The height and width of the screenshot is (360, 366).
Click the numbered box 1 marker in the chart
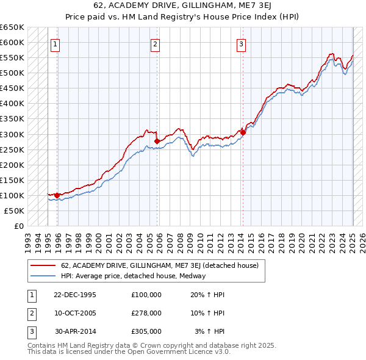[x=56, y=44]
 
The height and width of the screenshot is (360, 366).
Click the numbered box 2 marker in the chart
[x=156, y=44]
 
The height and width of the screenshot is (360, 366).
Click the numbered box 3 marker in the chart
[x=242, y=44]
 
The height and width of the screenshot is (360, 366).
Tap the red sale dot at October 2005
[x=157, y=141]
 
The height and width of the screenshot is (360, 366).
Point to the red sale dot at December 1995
[x=57, y=195]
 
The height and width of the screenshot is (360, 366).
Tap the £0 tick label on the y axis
[x=18, y=226]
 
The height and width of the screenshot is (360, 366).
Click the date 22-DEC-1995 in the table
[x=75, y=294]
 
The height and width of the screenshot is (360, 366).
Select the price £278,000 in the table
[x=146, y=313]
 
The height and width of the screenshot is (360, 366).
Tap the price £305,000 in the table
[x=146, y=332]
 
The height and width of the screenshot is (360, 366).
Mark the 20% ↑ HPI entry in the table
[x=208, y=294]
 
